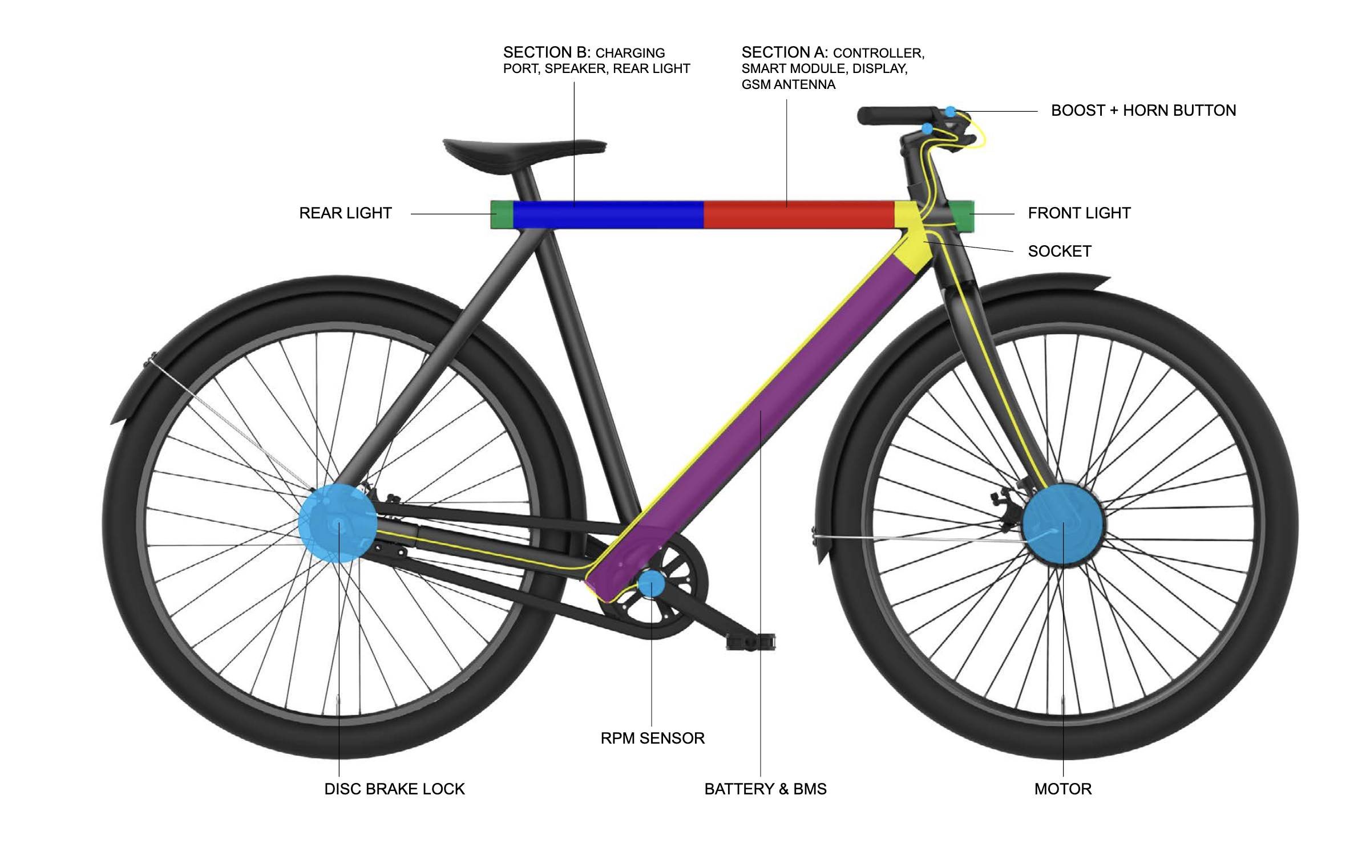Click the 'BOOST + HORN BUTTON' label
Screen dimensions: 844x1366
point(1143,111)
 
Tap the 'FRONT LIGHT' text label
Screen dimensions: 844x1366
point(1078,213)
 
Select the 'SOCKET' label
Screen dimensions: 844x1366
point(1059,251)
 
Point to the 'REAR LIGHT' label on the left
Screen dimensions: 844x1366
point(345,213)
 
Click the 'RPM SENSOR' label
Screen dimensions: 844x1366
point(652,738)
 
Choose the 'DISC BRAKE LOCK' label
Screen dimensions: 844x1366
point(394,789)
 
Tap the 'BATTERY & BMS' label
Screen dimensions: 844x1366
point(765,789)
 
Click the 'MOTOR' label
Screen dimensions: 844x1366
point(1062,789)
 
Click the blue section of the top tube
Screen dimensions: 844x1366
point(608,214)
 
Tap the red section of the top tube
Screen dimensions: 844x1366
point(799,214)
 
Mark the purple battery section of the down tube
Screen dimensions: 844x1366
point(759,416)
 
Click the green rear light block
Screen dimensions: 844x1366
point(502,214)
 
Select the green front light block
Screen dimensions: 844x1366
point(963,214)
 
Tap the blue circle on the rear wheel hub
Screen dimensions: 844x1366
point(337,523)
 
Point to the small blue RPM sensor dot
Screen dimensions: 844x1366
point(651,583)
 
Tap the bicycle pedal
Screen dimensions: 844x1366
point(750,643)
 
